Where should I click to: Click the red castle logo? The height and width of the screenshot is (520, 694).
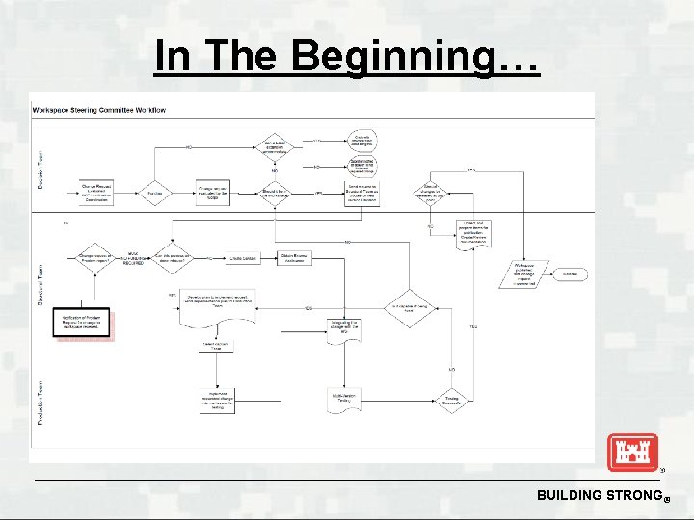point(632,452)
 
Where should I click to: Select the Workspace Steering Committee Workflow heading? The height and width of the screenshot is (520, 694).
point(99,110)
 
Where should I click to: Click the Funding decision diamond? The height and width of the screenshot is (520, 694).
point(154,193)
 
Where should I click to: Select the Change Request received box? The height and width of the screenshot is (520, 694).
point(96,192)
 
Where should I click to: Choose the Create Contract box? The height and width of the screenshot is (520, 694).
point(242,257)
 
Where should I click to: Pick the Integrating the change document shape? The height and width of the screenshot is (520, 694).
point(346,328)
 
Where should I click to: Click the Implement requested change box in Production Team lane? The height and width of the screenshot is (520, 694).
point(216,398)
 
